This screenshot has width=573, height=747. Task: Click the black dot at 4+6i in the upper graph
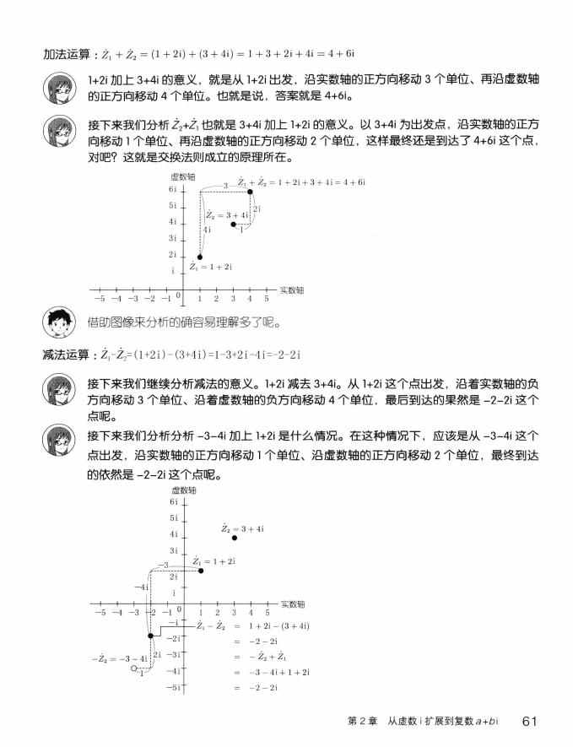pos(250,192)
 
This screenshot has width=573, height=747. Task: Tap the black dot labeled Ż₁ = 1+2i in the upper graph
pos(200,257)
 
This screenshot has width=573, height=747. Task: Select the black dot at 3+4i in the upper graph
pos(233,224)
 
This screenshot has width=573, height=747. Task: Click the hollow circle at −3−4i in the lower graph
pos(133,669)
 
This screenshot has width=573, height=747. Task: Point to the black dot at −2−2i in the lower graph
pos(150,636)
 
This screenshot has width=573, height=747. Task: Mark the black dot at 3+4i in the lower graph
pos(234,538)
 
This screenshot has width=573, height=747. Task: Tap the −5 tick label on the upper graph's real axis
pos(100,298)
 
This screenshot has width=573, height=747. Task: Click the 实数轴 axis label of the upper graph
pos(291,289)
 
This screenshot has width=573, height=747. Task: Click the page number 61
pos(530,720)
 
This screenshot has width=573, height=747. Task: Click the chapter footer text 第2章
pos(362,721)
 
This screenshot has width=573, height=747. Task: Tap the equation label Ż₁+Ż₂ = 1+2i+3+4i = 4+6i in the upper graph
pos(300,181)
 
